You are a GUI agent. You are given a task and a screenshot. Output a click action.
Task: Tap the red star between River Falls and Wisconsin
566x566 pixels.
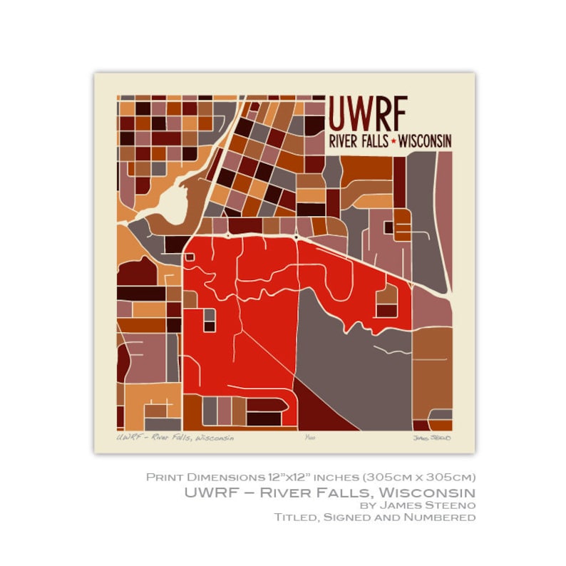pos(393,142)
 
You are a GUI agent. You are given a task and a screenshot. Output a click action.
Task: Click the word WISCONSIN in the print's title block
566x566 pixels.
pos(425,141)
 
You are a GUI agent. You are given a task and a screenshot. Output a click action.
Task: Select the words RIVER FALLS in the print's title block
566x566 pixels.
pos(359,141)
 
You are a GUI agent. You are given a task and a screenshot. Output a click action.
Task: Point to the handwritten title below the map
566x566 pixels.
pos(175,438)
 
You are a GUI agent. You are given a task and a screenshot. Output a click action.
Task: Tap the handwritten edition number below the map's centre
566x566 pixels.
pos(308,438)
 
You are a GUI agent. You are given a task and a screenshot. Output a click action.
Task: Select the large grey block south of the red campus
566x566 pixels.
pos(349,356)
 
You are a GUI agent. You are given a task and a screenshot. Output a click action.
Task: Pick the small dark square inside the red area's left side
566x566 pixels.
pos(210,326)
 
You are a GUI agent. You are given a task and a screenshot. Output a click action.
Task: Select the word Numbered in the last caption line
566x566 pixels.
pos(443,517)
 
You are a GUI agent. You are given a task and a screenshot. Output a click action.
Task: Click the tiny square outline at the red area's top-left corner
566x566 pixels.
pos(189,257)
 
